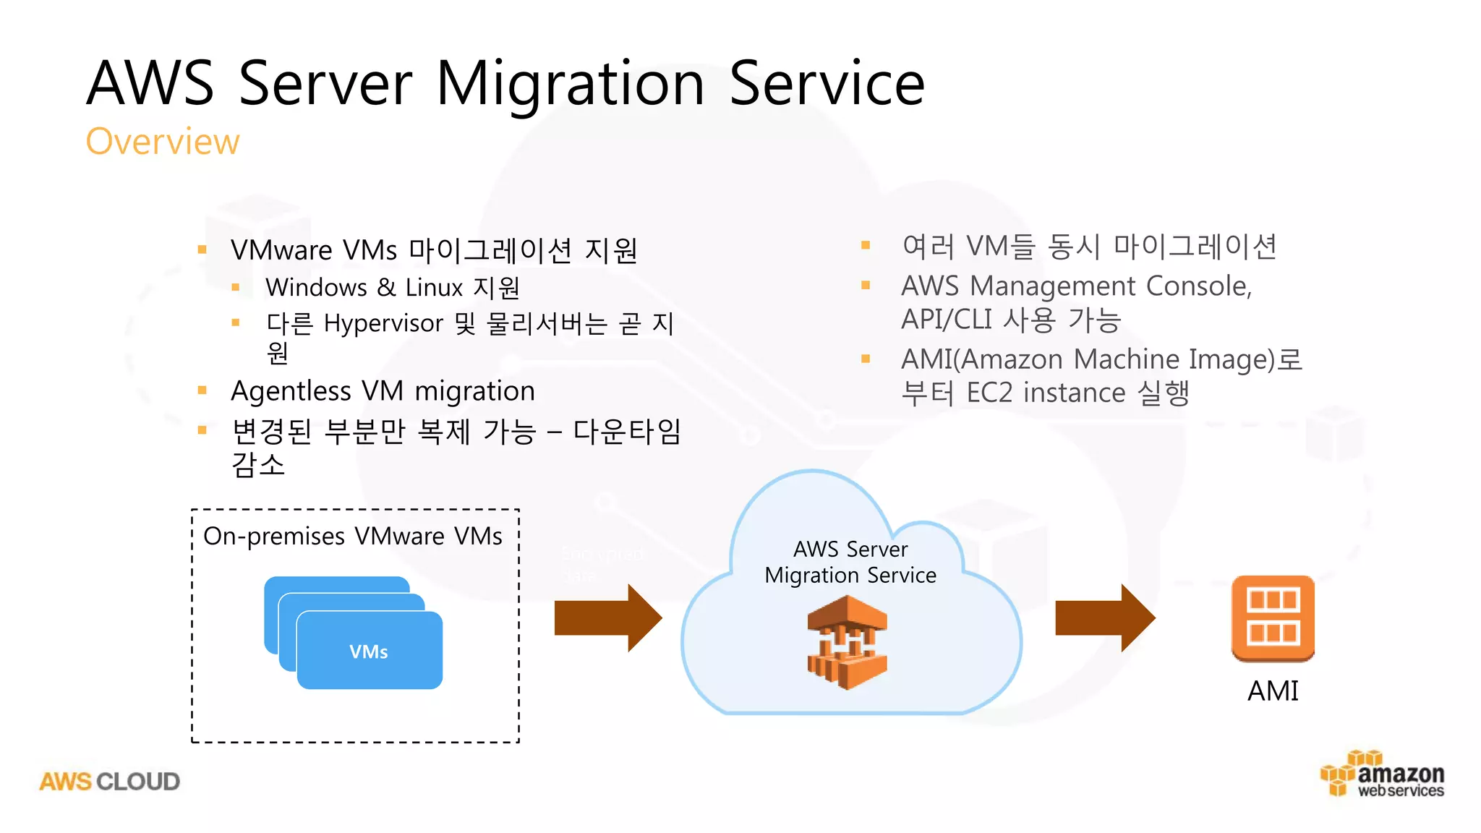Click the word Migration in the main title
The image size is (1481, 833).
[570, 84]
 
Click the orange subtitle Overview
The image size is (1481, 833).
[163, 142]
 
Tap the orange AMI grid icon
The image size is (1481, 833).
[1273, 618]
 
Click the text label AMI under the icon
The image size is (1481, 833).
[1273, 691]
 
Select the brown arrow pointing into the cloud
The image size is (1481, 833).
[607, 618]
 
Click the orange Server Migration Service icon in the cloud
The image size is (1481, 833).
[847, 642]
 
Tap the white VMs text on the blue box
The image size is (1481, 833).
[369, 652]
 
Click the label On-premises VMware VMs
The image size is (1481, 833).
[353, 537]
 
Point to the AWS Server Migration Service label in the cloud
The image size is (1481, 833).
[850, 562]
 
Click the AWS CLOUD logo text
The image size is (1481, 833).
[110, 782]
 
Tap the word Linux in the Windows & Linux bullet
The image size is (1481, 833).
[434, 288]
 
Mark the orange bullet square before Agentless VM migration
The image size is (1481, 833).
[202, 391]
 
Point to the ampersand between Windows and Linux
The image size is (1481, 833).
[386, 288]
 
